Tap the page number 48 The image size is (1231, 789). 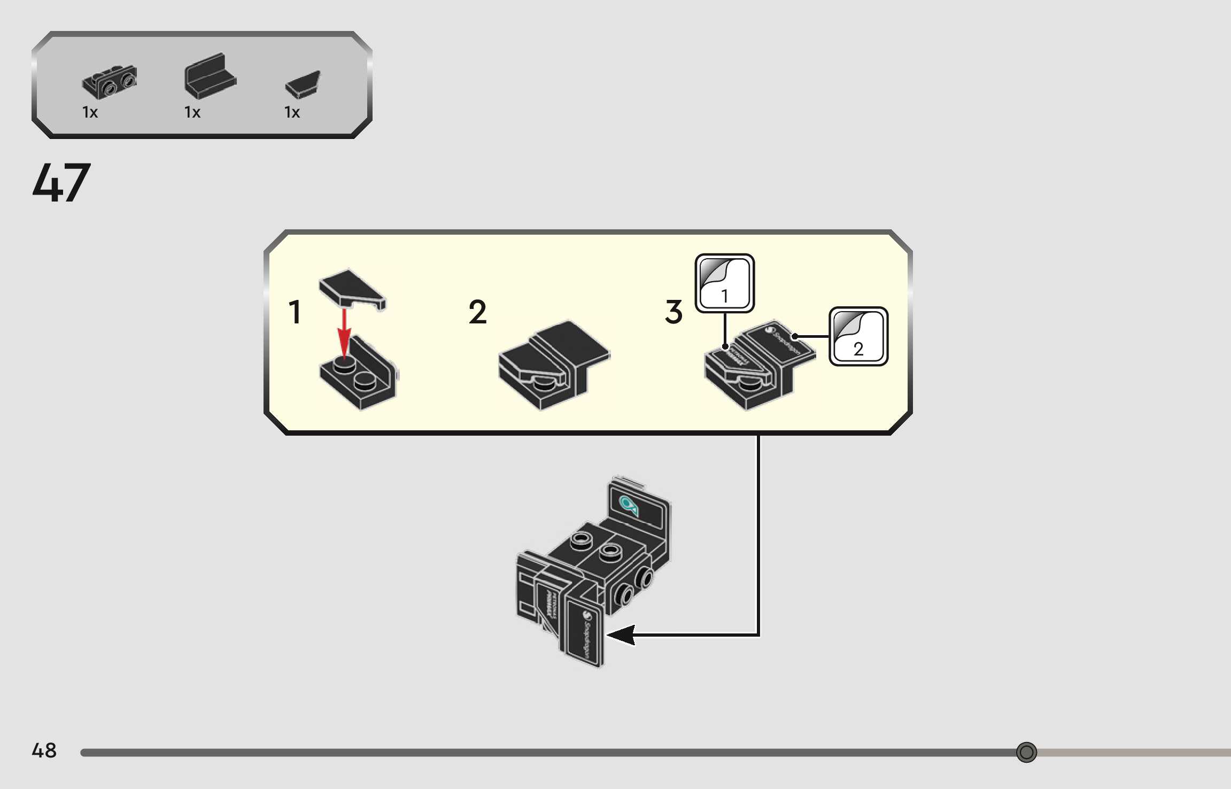(44, 750)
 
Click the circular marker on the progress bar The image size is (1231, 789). (1026, 752)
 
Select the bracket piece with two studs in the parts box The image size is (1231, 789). (110, 82)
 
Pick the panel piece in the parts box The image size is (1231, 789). (210, 76)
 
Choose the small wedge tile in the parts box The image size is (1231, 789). (303, 84)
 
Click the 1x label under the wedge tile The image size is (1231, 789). (292, 112)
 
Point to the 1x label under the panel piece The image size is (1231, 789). (192, 112)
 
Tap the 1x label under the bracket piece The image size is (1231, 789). (90, 112)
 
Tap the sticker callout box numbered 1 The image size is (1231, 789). (724, 283)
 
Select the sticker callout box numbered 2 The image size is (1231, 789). (858, 336)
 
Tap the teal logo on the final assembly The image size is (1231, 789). (628, 504)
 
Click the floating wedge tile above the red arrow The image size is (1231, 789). (351, 289)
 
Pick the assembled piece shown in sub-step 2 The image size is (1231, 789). (553, 365)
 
